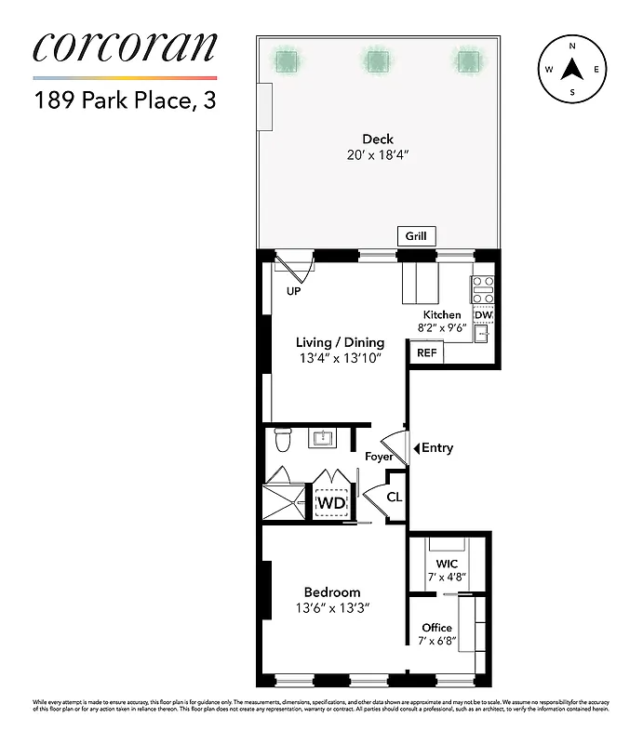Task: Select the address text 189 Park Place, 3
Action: [x=125, y=100]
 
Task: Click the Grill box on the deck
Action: [x=416, y=236]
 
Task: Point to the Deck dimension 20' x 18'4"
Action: [x=378, y=156]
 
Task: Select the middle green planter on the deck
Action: [x=376, y=61]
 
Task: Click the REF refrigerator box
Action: [x=427, y=353]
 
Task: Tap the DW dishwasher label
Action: [x=482, y=315]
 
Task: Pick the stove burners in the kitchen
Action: [x=482, y=289]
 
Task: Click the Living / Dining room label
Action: [x=340, y=342]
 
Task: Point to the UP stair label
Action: [x=293, y=291]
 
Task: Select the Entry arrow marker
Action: [x=416, y=448]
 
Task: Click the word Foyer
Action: [x=378, y=457]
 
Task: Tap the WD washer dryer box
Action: [x=331, y=503]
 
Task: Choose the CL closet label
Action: [x=394, y=498]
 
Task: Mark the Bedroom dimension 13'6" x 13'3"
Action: [x=332, y=610]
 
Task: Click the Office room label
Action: [x=437, y=628]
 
